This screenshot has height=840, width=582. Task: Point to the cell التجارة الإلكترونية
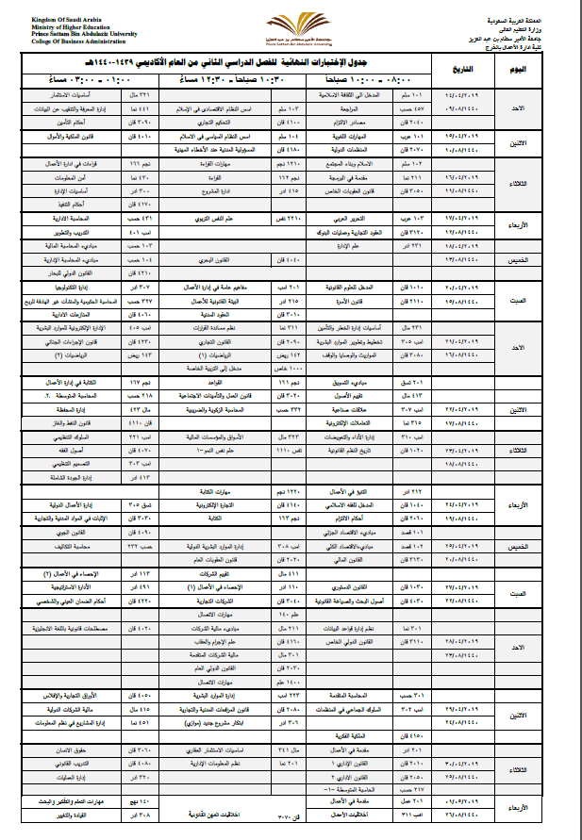pyautogui.click(x=224, y=504)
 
